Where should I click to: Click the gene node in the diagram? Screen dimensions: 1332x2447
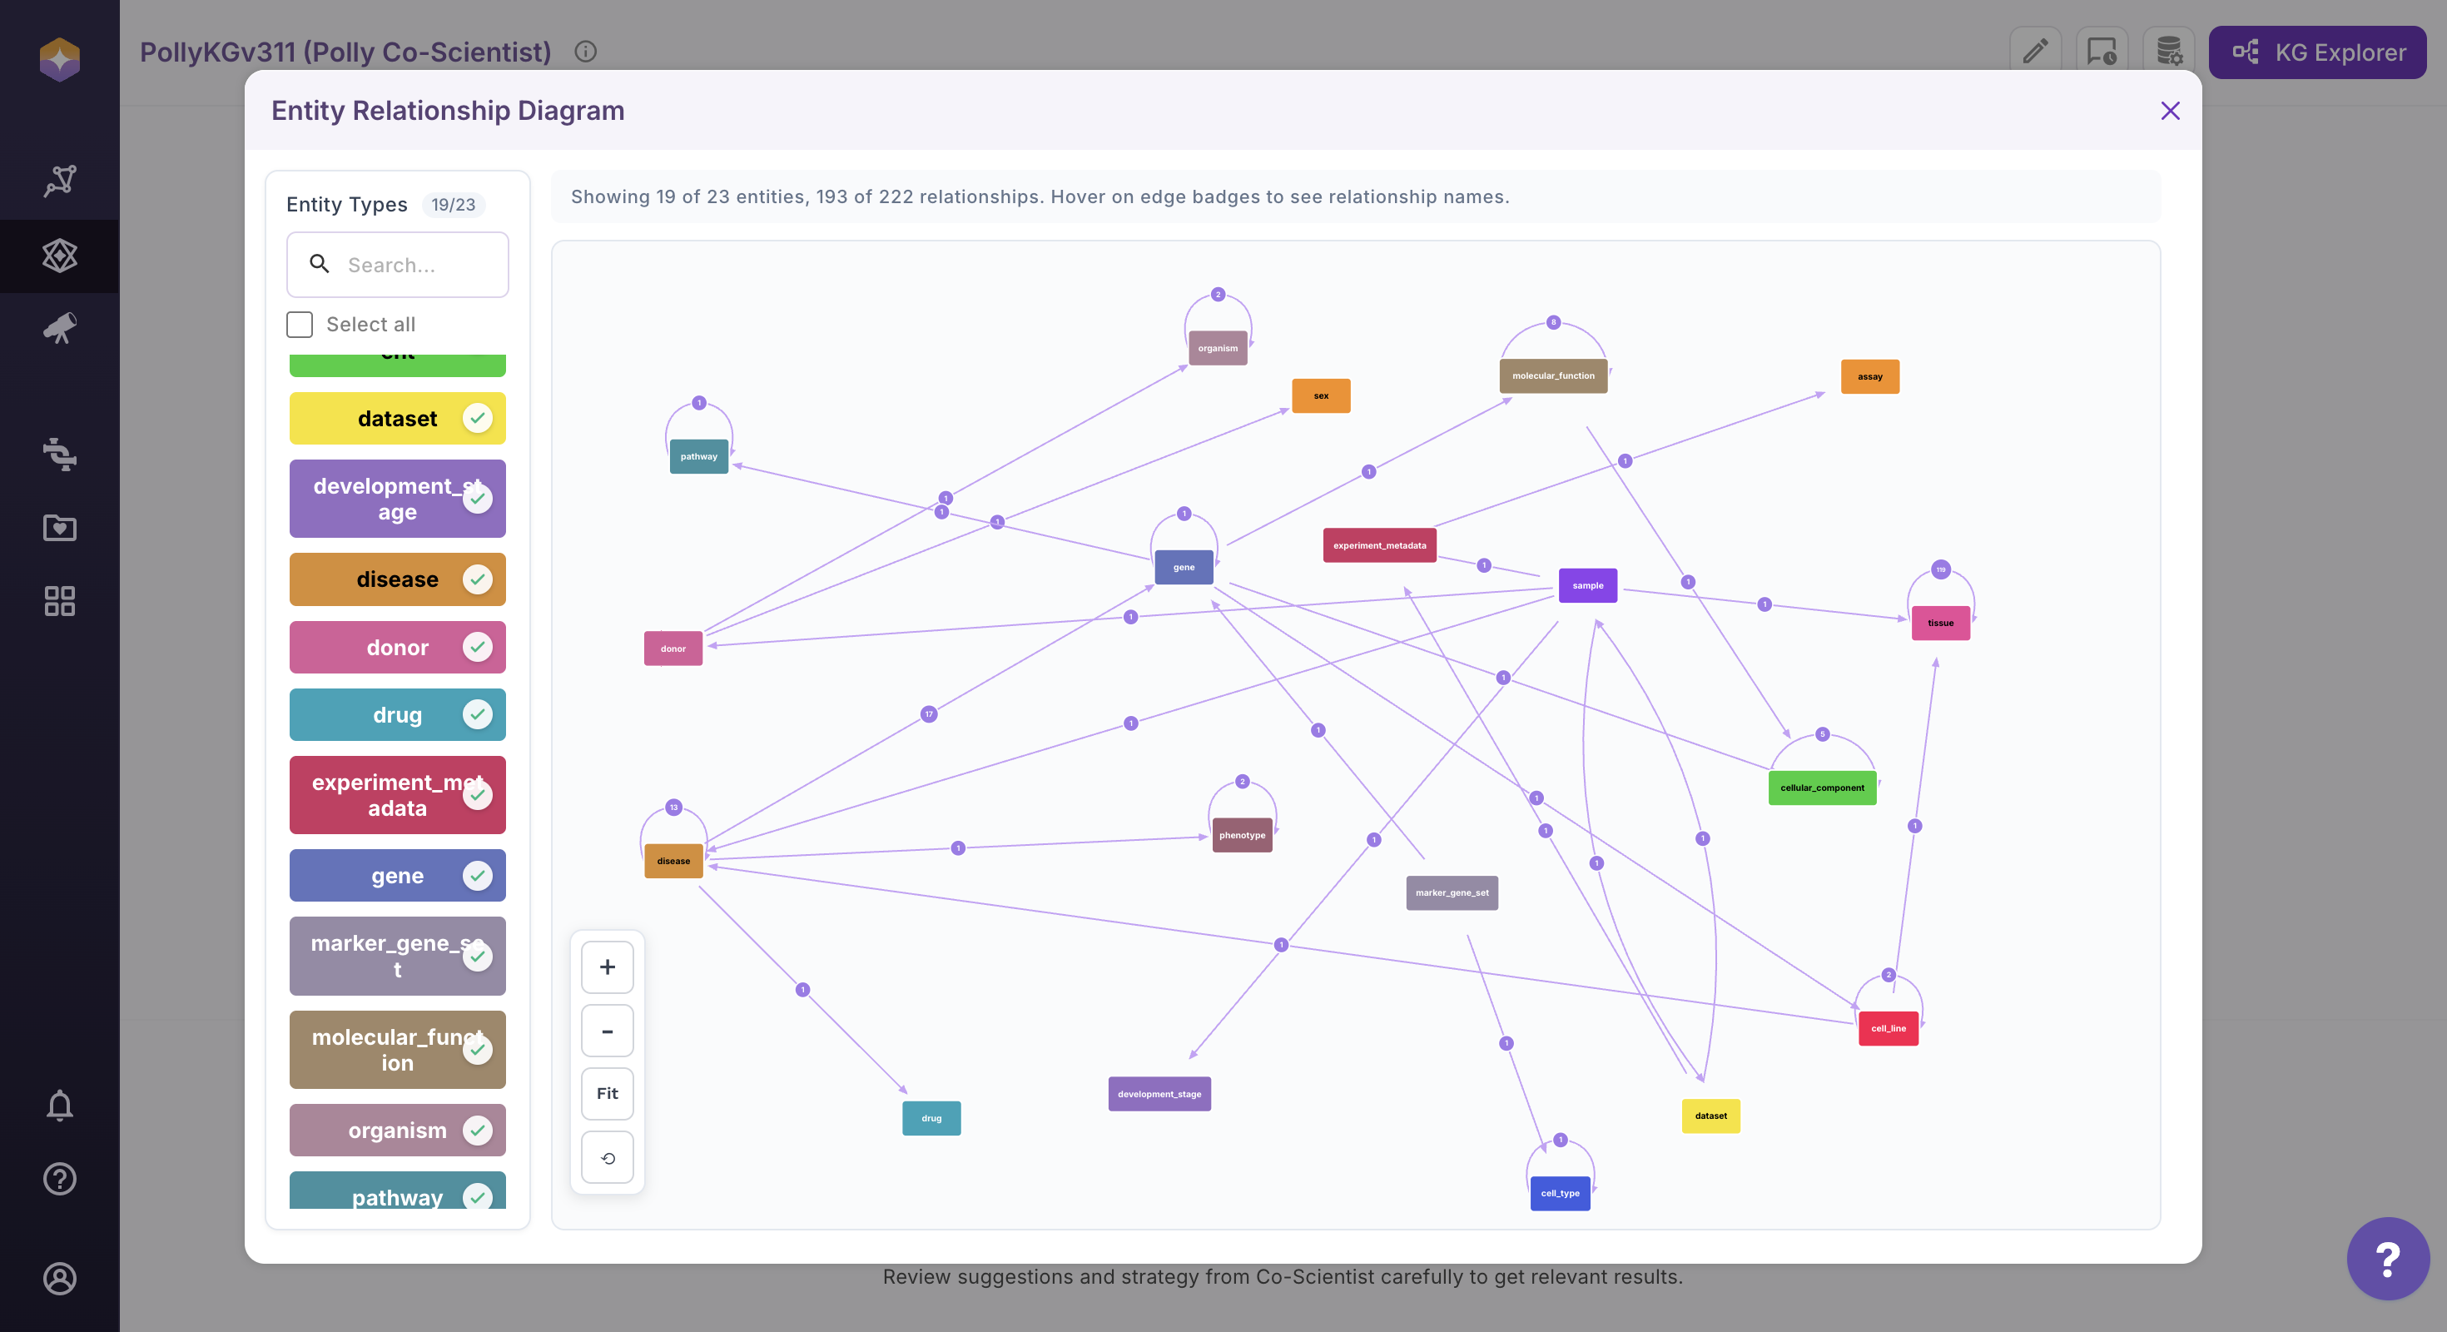coord(1184,567)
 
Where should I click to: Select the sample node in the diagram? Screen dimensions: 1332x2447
coord(1587,585)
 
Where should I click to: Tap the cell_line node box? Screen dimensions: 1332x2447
coord(1889,1028)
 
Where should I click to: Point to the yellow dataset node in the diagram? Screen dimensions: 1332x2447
coord(1710,1116)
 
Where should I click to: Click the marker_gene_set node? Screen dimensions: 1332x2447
coord(1452,893)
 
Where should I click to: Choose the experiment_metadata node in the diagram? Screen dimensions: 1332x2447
coord(1379,545)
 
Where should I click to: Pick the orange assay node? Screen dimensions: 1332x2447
coord(1869,377)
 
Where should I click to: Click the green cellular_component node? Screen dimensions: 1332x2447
coord(1822,788)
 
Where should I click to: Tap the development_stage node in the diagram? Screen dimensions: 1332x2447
coord(1159,1094)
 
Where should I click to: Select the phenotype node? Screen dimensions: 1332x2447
coord(1242,835)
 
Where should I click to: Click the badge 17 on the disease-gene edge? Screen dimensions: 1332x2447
coord(929,714)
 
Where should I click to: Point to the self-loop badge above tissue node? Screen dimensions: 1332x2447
coord(1941,570)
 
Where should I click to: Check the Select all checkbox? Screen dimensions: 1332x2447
coord(300,325)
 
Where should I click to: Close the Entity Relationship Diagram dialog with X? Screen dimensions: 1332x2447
coord(2170,112)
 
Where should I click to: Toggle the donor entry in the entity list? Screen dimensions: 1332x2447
coord(397,648)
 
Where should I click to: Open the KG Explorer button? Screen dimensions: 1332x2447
coord(2317,52)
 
